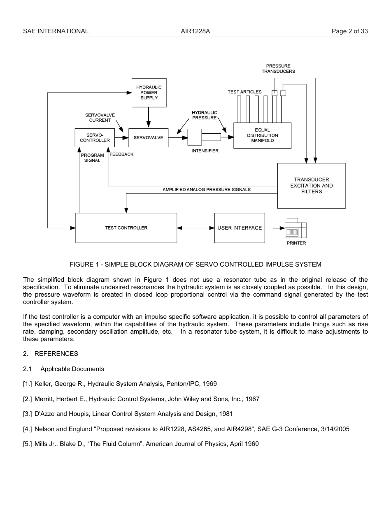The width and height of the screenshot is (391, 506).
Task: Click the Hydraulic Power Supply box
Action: [149, 93]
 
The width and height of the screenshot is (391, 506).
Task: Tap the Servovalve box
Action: [148, 138]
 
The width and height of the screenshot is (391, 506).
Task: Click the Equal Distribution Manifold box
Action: [262, 135]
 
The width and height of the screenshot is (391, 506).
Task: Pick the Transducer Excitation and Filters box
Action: [311, 186]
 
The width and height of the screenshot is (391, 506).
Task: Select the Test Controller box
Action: [126, 228]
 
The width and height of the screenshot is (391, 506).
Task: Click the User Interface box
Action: [240, 228]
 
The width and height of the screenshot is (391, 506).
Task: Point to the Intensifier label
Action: [205, 151]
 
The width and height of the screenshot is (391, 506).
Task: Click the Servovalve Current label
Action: [100, 118]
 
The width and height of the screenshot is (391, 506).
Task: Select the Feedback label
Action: [121, 154]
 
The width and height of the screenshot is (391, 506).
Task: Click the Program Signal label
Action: [92, 158]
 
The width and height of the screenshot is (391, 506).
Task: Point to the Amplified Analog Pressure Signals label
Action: [206, 190]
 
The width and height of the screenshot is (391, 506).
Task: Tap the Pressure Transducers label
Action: [278, 69]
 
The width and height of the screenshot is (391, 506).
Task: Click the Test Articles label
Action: [244, 92]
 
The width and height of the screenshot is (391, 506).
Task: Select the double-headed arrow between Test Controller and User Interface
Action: [195, 228]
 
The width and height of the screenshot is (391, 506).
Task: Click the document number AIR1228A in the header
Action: [195, 31]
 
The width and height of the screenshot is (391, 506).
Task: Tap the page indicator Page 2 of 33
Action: [350, 31]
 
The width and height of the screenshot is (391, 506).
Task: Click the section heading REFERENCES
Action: [56, 354]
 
